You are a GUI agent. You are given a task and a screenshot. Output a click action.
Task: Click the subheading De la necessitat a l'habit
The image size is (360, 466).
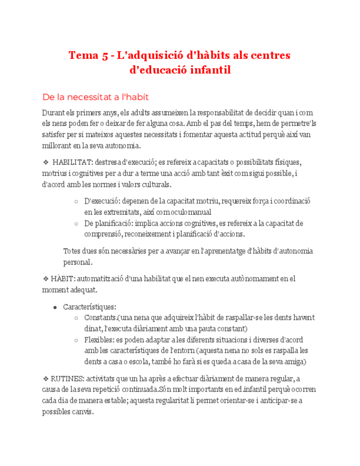96,97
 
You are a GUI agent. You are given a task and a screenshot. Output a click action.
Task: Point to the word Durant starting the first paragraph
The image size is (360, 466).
54,113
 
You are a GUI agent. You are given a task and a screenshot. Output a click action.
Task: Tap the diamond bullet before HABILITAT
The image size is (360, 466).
46,163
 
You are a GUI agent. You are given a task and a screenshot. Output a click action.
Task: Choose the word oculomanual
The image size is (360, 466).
189,212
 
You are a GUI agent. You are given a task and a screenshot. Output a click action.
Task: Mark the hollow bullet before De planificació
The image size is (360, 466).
75,224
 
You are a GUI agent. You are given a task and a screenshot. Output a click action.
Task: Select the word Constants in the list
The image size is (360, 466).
100,318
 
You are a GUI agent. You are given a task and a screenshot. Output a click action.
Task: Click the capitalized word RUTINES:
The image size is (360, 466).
68,378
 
